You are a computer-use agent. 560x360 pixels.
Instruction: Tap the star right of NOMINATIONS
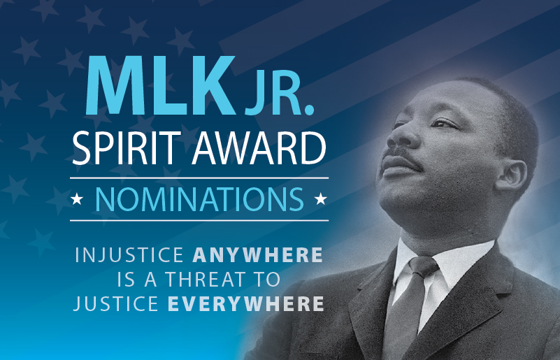[321, 199]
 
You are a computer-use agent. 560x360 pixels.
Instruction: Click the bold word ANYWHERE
[257, 255]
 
